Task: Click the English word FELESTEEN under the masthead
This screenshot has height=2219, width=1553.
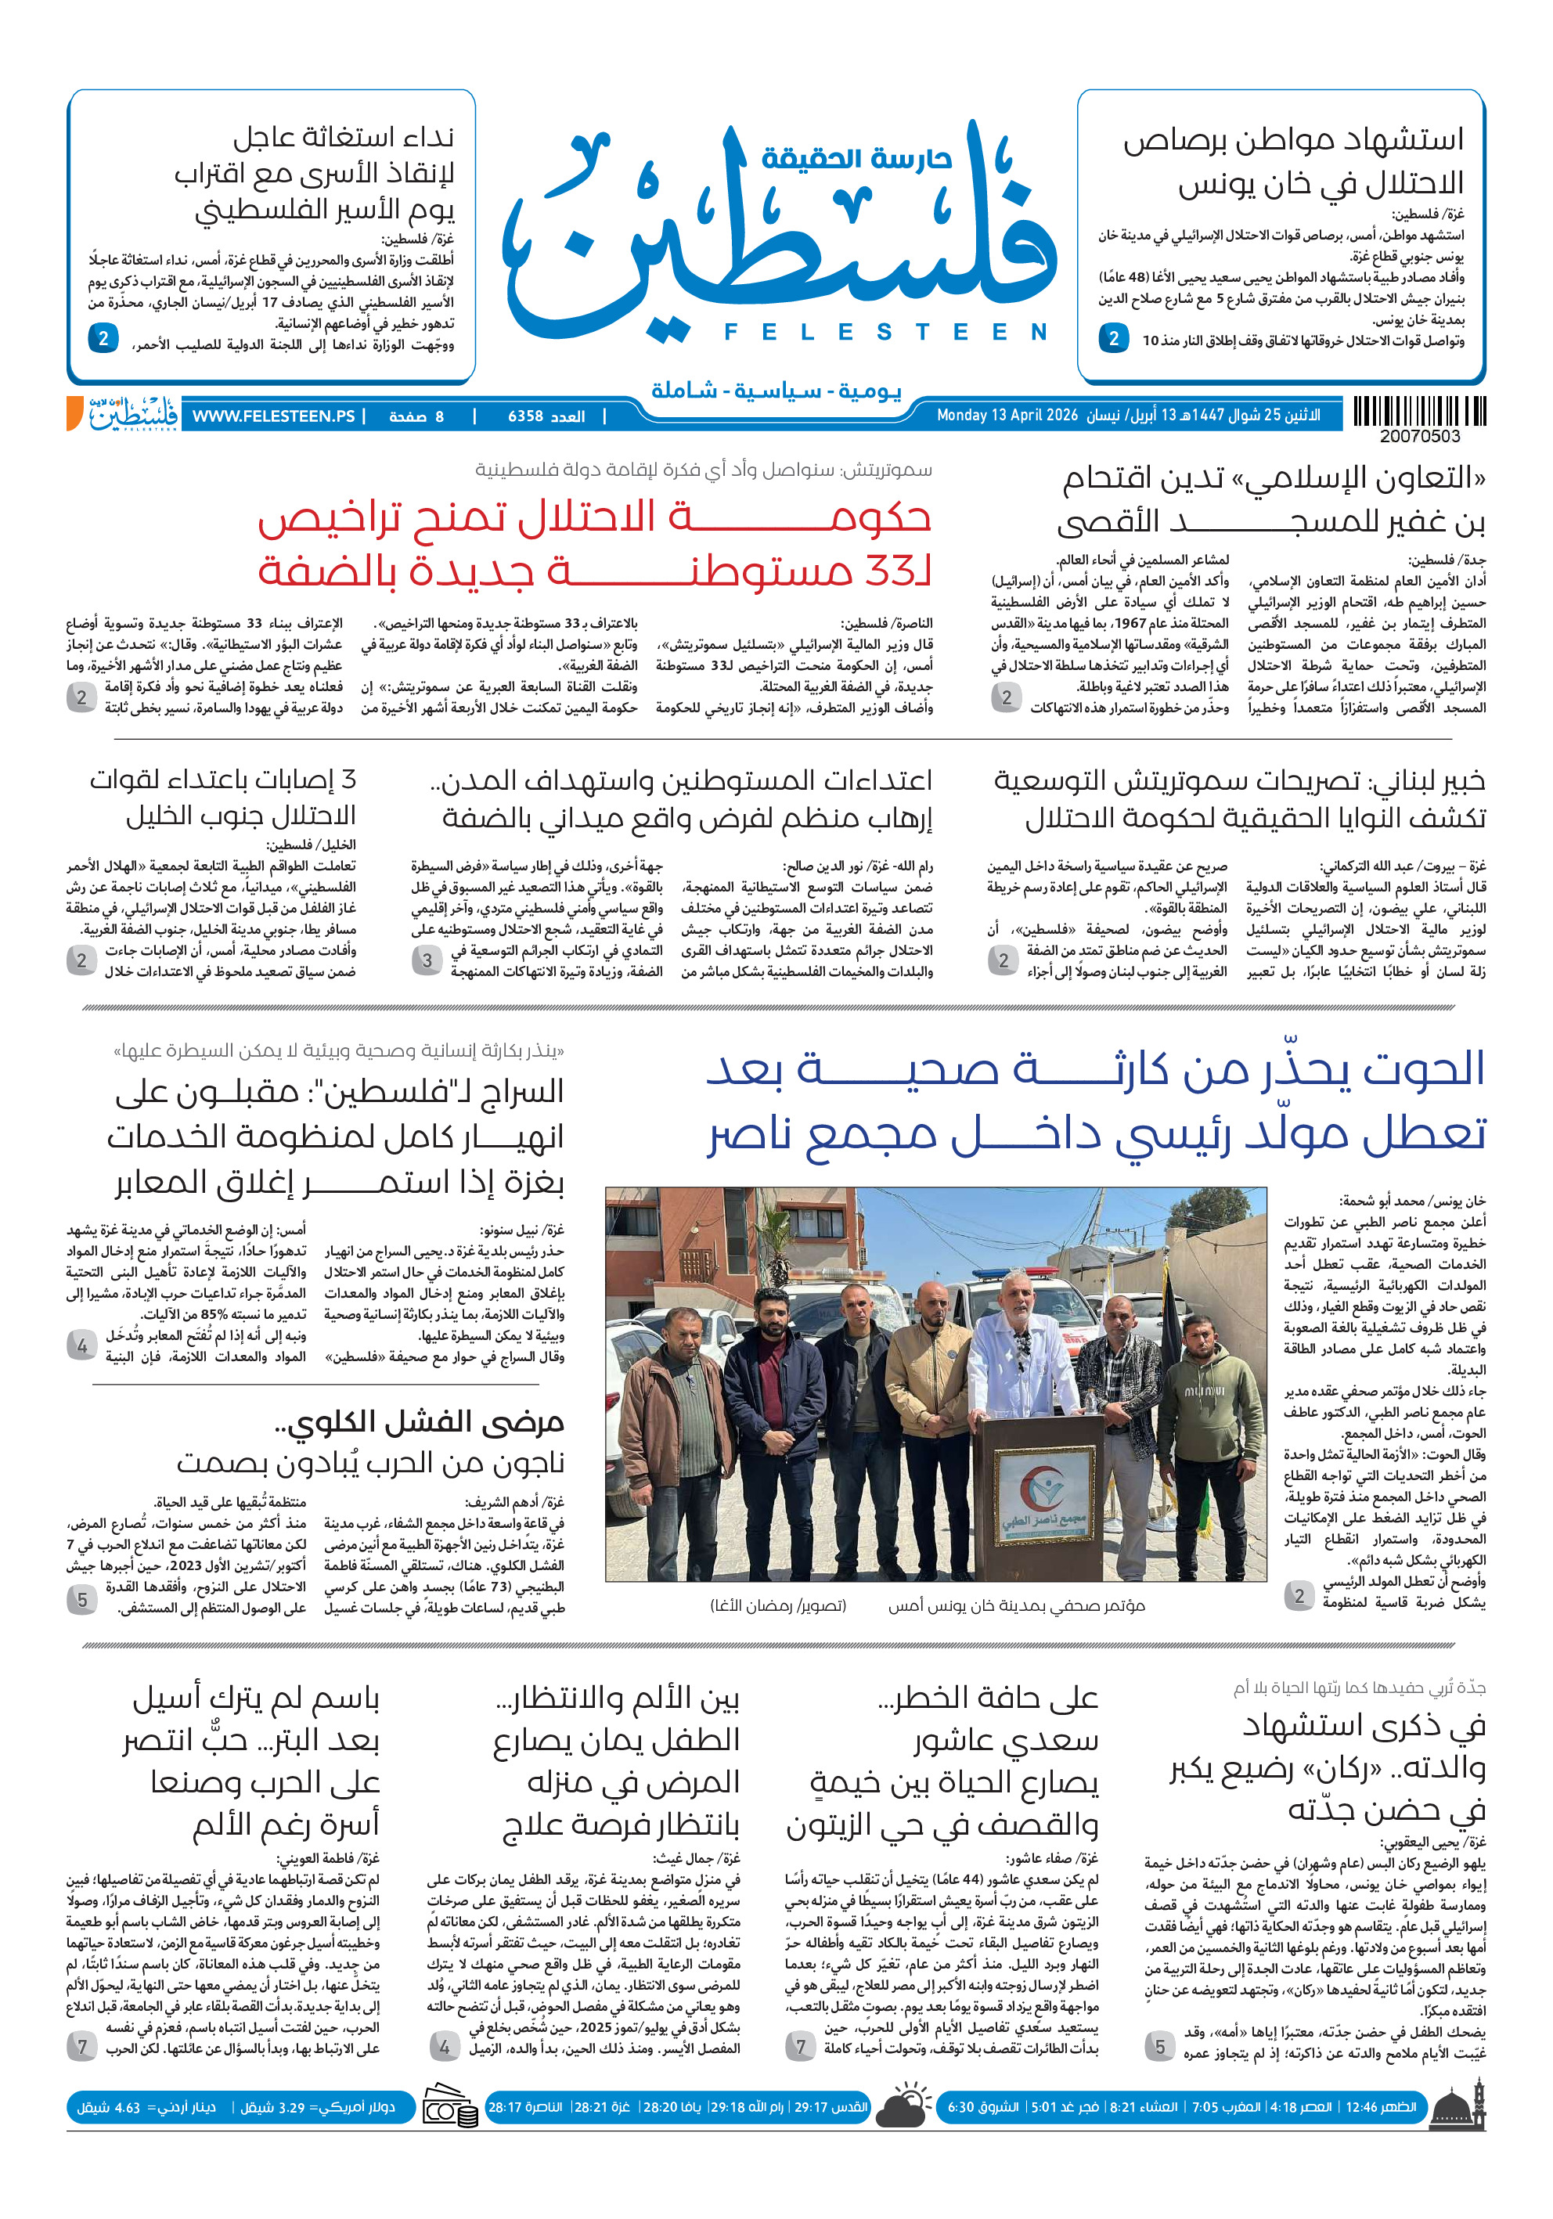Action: click(885, 333)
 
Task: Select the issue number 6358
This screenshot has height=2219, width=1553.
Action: click(526, 416)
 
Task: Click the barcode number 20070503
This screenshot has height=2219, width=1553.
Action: click(1420, 437)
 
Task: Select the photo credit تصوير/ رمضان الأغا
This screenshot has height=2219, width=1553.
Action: click(778, 1605)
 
